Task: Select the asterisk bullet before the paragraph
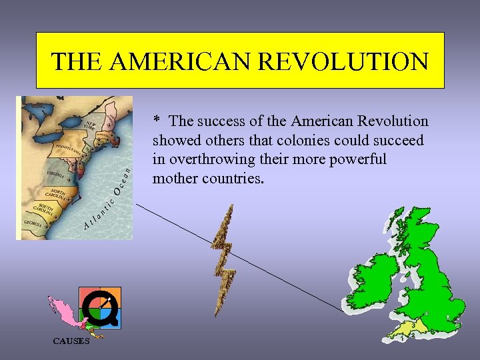pyautogui.click(x=157, y=121)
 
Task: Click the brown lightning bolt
pyautogui.click(x=225, y=260)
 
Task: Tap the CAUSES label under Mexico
pyautogui.click(x=71, y=341)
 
